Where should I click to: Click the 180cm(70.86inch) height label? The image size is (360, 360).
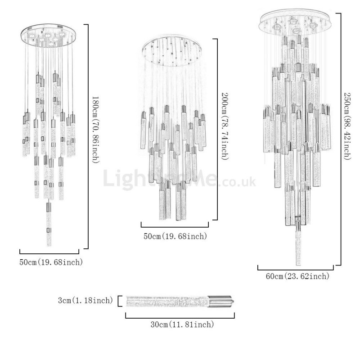(x=96, y=130)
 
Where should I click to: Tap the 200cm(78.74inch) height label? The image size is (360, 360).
(x=225, y=126)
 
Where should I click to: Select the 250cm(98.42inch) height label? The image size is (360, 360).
(x=347, y=126)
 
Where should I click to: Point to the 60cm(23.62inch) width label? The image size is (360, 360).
(x=297, y=276)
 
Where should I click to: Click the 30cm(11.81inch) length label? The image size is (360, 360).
(x=182, y=324)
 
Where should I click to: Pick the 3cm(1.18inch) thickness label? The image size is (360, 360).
(x=85, y=300)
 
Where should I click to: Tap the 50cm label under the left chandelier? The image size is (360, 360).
(x=51, y=262)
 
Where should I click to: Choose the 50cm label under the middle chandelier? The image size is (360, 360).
(x=175, y=236)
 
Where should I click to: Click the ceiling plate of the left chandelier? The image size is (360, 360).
(x=48, y=36)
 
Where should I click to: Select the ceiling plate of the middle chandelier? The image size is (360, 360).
(x=172, y=52)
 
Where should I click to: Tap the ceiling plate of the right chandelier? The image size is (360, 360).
(x=296, y=23)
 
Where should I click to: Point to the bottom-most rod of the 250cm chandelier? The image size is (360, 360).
(x=298, y=243)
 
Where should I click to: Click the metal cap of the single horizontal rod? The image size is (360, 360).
(x=221, y=301)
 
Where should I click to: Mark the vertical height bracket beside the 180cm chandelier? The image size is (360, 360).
(x=86, y=136)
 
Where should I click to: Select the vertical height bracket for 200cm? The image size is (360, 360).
(x=216, y=129)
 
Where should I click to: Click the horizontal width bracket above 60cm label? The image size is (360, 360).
(x=296, y=268)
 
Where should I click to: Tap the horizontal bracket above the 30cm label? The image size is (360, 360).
(x=180, y=316)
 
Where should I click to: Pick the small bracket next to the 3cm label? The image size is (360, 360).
(x=119, y=301)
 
